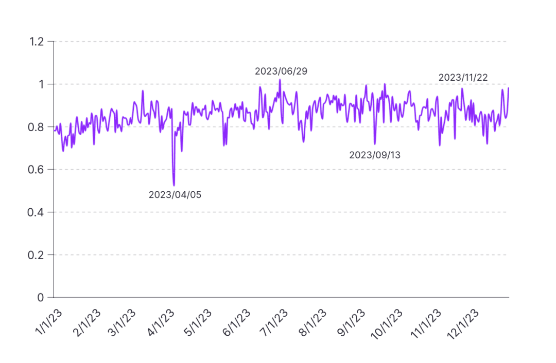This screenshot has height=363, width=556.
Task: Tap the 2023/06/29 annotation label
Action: click(x=281, y=71)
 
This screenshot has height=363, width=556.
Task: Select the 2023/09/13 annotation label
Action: click(x=375, y=155)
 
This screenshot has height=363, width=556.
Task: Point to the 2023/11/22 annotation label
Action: click(x=463, y=78)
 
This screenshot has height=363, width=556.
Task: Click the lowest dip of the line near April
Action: click(x=174, y=185)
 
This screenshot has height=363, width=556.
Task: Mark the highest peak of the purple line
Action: click(x=280, y=80)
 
